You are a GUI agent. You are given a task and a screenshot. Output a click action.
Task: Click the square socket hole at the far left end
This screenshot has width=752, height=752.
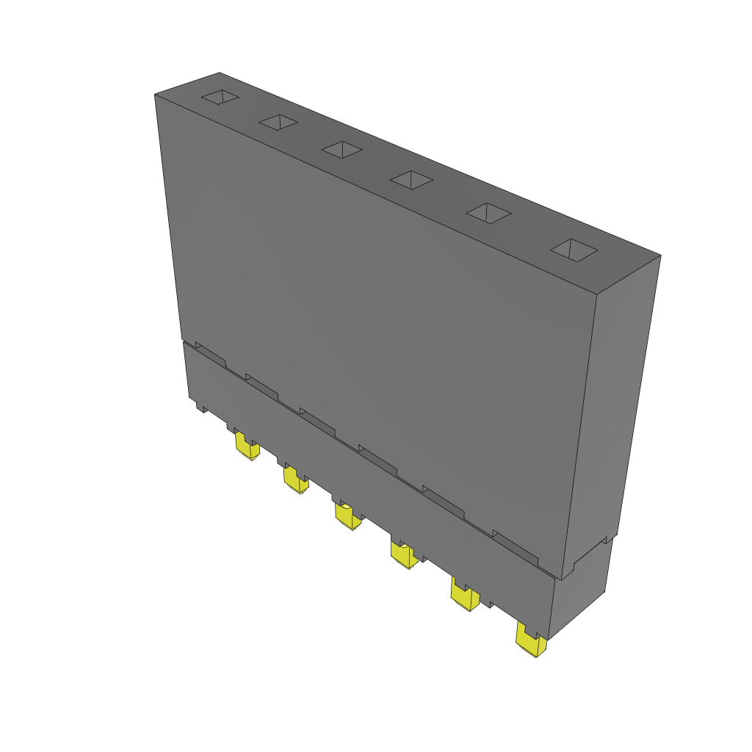(x=220, y=98)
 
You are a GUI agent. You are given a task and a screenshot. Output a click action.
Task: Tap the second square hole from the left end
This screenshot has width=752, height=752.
(x=278, y=123)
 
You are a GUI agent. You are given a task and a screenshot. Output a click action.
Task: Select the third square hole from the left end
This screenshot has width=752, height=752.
(x=342, y=149)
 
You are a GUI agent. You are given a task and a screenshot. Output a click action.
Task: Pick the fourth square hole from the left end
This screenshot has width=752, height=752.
(x=411, y=178)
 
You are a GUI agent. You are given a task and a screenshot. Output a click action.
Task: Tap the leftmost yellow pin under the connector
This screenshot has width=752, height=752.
(x=246, y=446)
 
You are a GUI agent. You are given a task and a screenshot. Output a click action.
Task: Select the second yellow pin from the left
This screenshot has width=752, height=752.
(x=296, y=480)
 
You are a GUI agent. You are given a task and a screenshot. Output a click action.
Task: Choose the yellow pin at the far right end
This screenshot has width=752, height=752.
(x=531, y=641)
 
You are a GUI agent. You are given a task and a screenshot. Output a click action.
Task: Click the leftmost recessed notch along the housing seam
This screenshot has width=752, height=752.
(x=210, y=354)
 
